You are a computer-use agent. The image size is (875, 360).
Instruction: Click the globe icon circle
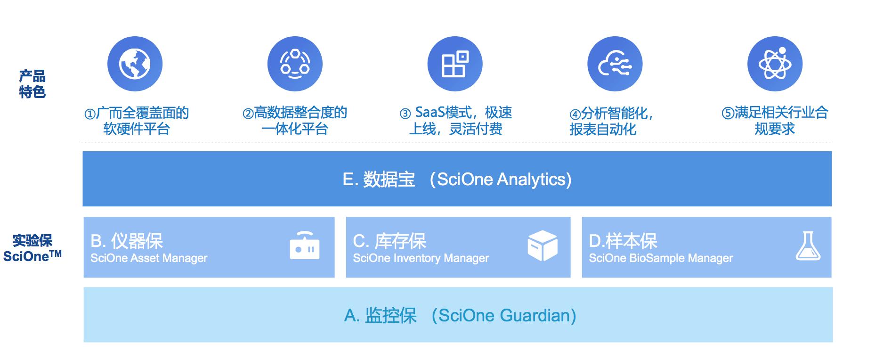135,64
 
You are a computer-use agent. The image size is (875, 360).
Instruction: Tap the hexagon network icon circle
295,64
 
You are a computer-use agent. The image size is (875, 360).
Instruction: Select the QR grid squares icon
455,64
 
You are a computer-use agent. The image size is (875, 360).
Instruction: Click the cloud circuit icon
615,64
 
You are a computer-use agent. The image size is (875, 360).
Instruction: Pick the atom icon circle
775,64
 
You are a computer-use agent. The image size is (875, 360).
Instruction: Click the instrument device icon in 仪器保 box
305,245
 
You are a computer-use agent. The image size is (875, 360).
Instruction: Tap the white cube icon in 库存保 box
543,245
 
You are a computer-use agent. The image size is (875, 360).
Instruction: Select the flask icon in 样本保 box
808,246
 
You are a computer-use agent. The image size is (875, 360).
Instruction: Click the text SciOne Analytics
504,180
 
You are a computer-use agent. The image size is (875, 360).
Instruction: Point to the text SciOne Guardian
506,315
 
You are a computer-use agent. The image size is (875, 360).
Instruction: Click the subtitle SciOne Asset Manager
149,258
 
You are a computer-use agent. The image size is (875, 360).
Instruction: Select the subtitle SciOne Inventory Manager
421,258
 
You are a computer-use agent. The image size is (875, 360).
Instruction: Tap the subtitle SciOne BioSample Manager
661,258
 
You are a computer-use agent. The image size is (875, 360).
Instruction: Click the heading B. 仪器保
127,241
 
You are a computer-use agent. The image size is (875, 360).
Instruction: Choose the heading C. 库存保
389,241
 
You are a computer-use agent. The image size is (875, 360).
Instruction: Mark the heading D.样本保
623,241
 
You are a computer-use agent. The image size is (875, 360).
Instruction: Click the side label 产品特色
32,84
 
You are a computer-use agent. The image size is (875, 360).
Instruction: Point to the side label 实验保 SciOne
32,248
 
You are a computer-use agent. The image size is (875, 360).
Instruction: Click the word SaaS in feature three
430,113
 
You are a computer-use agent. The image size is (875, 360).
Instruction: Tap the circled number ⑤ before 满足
728,114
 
